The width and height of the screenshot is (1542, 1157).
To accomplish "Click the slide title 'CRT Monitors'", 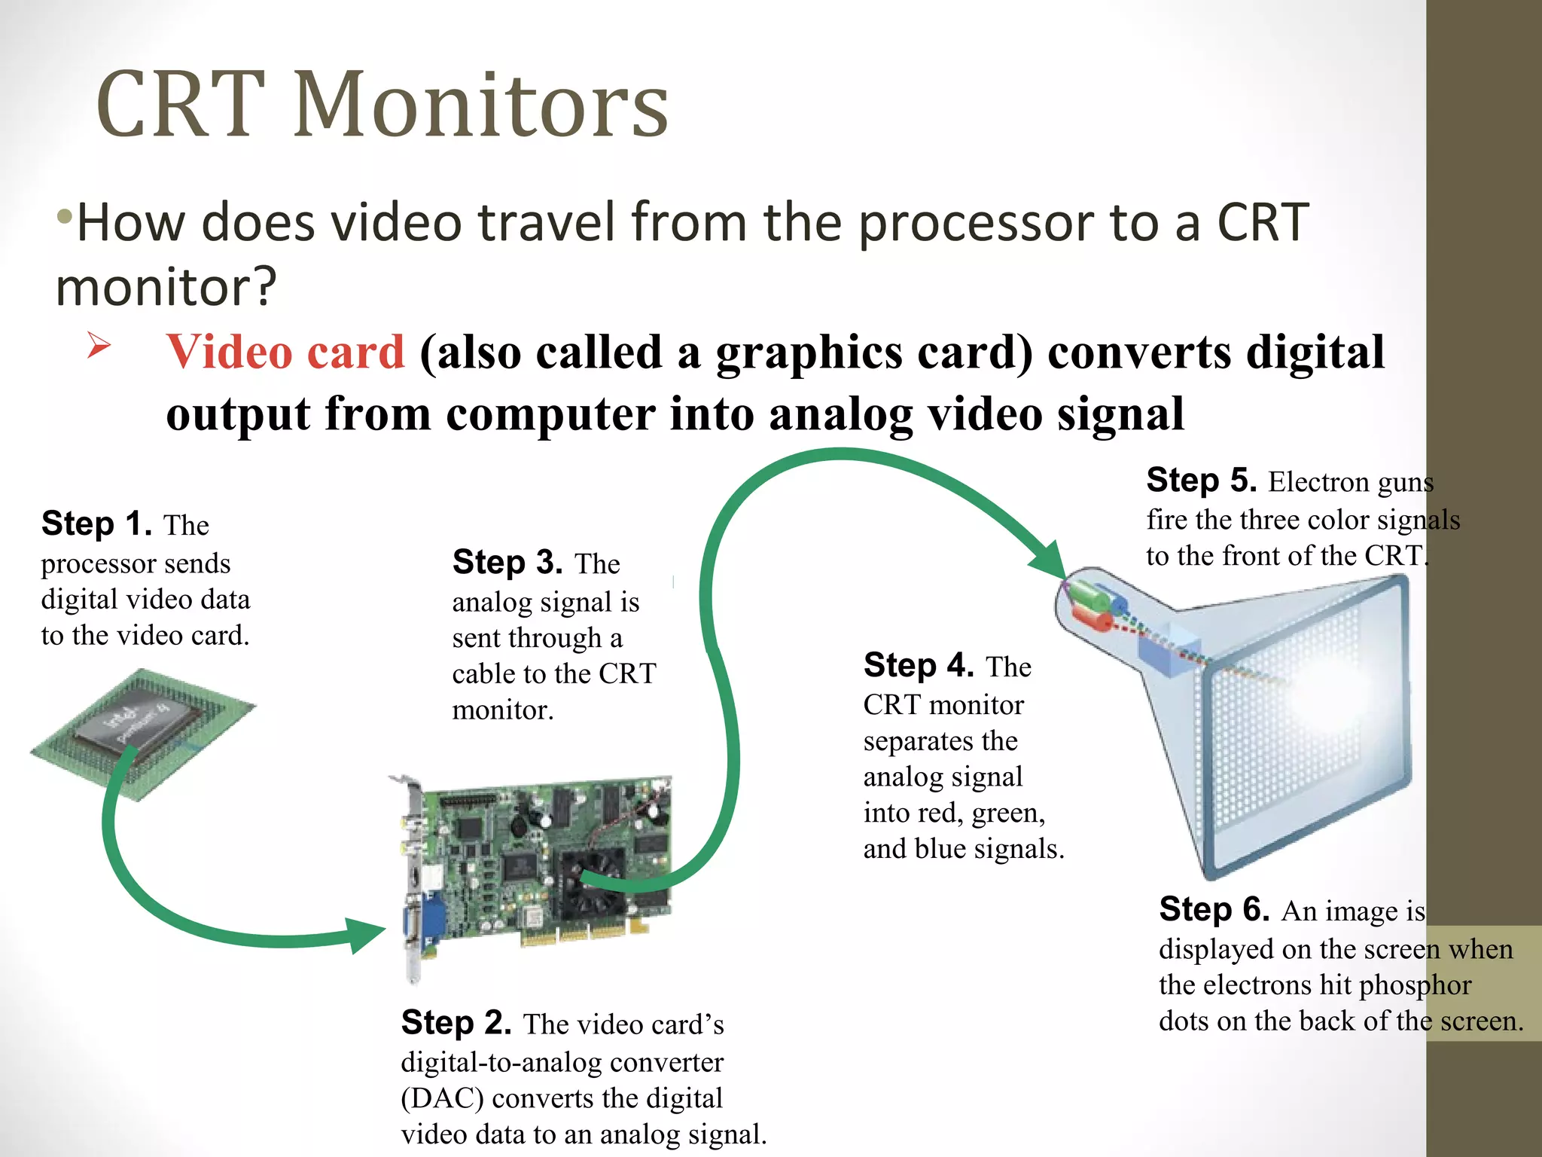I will tap(382, 105).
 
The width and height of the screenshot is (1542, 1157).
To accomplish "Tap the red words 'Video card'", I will tap(285, 352).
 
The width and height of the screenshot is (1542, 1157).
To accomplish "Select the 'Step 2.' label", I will tap(456, 1022).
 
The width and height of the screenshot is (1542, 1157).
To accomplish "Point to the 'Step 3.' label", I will tap(507, 562).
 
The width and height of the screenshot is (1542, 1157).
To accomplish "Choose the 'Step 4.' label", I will tap(919, 665).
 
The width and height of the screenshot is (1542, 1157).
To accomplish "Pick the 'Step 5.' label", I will tap(1201, 480).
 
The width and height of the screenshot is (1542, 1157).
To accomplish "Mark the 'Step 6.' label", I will tap(1214, 909).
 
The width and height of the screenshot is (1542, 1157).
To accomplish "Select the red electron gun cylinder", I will tap(1093, 621).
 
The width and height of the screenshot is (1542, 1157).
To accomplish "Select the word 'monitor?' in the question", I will tap(166, 288).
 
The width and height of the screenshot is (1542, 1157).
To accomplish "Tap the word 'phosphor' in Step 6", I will tap(1415, 985).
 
